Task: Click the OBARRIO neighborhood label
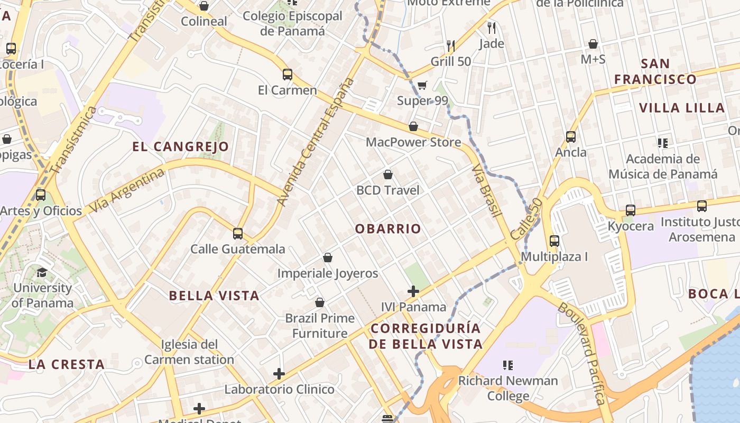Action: [x=388, y=229]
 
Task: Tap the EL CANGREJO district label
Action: [x=180, y=146]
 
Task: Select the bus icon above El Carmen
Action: [x=288, y=75]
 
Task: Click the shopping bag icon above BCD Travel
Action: [x=388, y=174]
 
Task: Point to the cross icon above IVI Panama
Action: [x=413, y=291]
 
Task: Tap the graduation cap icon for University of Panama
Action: [x=42, y=273]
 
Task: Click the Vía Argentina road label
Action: [x=127, y=190]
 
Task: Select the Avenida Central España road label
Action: [x=315, y=142]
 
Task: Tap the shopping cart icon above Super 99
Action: [x=422, y=85]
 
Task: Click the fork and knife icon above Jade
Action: [x=492, y=27]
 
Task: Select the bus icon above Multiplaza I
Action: [x=554, y=241]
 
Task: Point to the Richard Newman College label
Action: [x=508, y=388]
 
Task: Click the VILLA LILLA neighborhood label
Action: [x=682, y=108]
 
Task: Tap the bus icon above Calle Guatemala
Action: [x=238, y=233]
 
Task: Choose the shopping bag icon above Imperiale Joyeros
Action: [x=328, y=258]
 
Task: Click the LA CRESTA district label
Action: [x=67, y=364]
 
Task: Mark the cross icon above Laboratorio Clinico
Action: [x=279, y=374]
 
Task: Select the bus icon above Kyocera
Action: [x=630, y=210]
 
